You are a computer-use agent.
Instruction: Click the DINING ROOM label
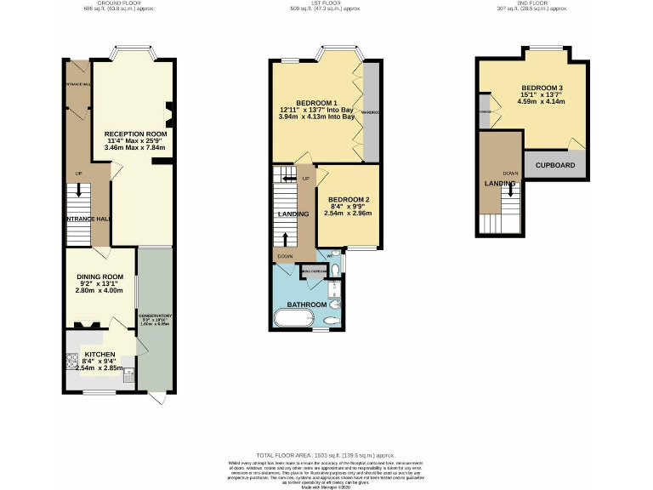point(101,276)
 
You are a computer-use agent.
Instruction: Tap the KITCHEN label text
point(99,354)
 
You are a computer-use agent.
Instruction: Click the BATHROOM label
point(306,304)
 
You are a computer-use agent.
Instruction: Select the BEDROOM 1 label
point(315,103)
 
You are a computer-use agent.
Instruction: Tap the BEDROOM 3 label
point(542,88)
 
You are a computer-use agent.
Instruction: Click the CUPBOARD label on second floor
point(555,165)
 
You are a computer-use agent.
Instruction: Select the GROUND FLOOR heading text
point(118,3)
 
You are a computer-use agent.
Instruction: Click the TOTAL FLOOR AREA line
point(326,456)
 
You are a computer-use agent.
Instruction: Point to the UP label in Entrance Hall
point(78,174)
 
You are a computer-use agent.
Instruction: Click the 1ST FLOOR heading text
point(324,3)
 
